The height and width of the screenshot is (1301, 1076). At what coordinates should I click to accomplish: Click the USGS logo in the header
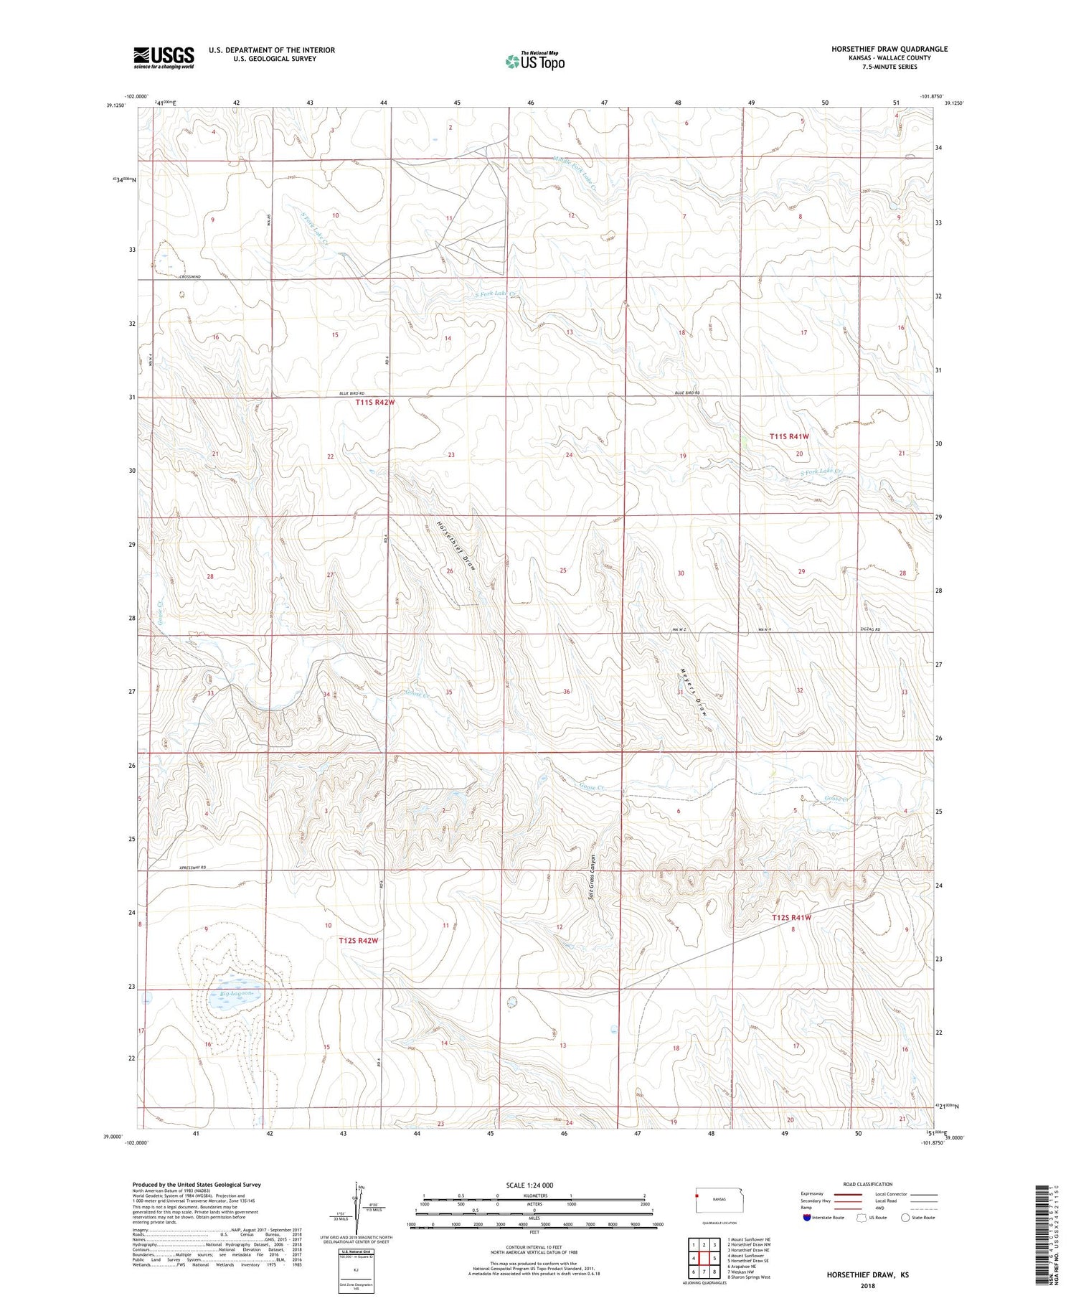pyautogui.click(x=164, y=57)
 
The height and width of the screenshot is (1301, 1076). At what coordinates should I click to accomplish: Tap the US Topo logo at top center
pyautogui.click(x=534, y=61)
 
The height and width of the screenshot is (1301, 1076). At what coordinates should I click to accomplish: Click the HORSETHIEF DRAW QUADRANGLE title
pyautogui.click(x=889, y=49)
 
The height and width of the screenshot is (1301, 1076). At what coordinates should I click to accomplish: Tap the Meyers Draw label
pyautogui.click(x=692, y=692)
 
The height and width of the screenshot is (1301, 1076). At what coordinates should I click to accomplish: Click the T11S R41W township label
pyautogui.click(x=789, y=436)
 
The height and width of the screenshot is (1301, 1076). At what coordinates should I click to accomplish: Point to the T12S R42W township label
pyautogui.click(x=358, y=940)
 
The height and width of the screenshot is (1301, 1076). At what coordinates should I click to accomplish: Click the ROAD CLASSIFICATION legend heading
pyautogui.click(x=868, y=1184)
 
